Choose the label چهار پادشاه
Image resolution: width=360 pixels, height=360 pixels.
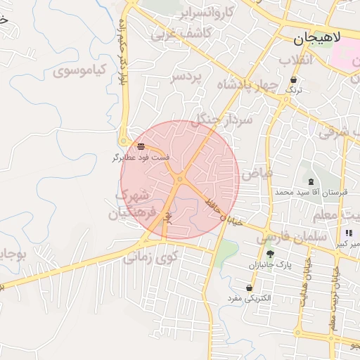coord(248,85)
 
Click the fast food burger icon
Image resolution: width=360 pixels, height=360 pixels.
coord(141,146)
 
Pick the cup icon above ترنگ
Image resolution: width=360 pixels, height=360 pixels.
coord(292,80)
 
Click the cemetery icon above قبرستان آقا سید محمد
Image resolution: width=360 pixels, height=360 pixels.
coord(311,181)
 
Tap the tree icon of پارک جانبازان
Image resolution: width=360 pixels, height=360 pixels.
coord(271,255)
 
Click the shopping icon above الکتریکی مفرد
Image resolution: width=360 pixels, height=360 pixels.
coord(250,288)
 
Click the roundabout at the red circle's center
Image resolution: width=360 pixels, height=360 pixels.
coord(180,179)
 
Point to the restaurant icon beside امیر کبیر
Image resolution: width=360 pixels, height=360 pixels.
coord(348,233)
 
